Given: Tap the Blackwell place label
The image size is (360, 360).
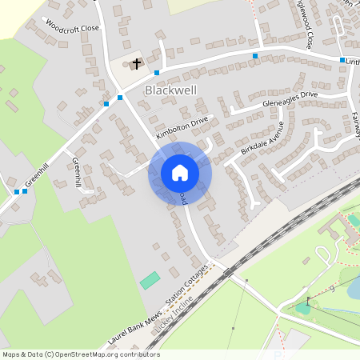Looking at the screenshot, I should click(x=170, y=91).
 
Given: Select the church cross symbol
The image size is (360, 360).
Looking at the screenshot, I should click(x=137, y=62).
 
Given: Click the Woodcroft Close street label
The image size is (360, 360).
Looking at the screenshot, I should click(x=73, y=26).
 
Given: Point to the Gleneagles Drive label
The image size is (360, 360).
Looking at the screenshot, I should click(x=290, y=99).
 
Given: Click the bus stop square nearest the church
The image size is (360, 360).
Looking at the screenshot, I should click(x=157, y=73).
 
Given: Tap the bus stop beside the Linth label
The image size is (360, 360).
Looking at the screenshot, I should click(x=342, y=60).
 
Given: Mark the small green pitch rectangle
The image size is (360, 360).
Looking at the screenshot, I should click(x=150, y=281).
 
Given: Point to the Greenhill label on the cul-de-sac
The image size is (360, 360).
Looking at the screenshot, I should click(x=77, y=172).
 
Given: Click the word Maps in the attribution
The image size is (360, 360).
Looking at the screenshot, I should click(x=12, y=354).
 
